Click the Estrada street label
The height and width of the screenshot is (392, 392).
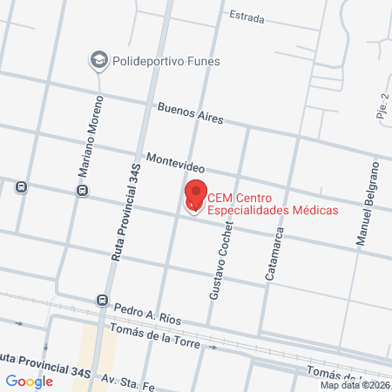click(246, 15)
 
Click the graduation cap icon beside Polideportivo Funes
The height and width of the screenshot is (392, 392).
click(98, 60)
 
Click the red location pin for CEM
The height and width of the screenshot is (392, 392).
click(194, 196)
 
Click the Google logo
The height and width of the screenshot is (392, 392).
click(30, 381)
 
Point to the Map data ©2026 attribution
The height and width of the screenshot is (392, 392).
click(355, 385)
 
